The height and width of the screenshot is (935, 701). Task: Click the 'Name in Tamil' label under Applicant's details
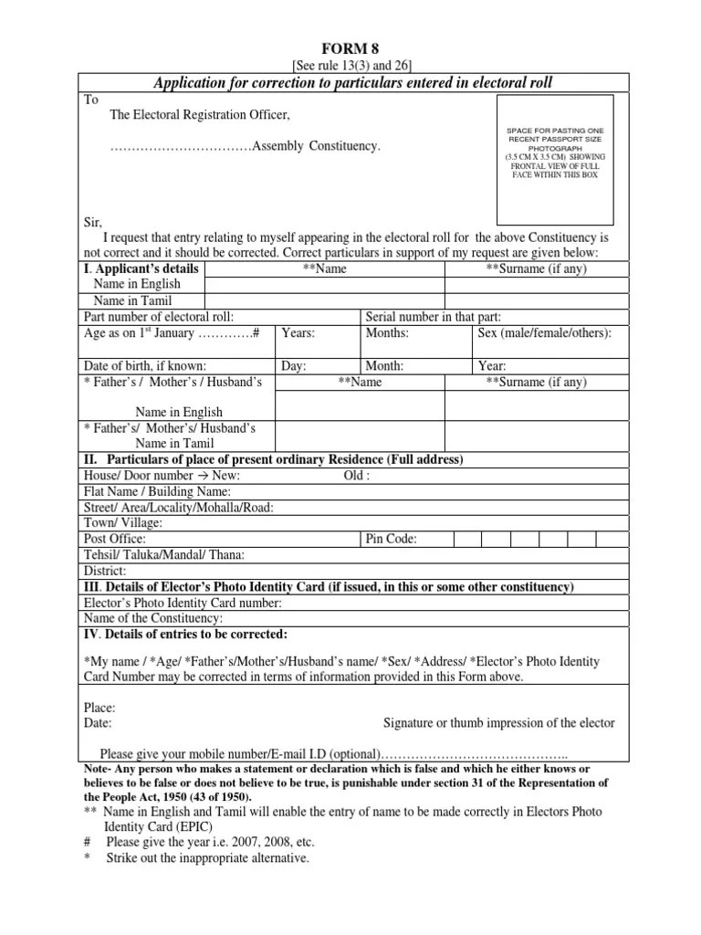coord(133,300)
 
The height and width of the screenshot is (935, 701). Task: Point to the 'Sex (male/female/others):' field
coord(544,333)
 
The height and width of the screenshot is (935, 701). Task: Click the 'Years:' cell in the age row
coord(298,333)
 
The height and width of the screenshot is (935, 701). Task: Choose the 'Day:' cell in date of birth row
coord(294,366)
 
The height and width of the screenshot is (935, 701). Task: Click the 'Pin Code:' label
coord(392,539)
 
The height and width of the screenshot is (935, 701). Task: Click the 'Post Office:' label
coord(115,539)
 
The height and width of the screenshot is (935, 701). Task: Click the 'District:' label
coord(105,571)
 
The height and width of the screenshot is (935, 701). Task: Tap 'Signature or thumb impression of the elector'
coord(498,722)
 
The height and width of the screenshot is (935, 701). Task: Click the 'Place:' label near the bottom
coord(99,707)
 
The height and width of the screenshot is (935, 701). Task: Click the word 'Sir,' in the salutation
coord(93,222)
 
